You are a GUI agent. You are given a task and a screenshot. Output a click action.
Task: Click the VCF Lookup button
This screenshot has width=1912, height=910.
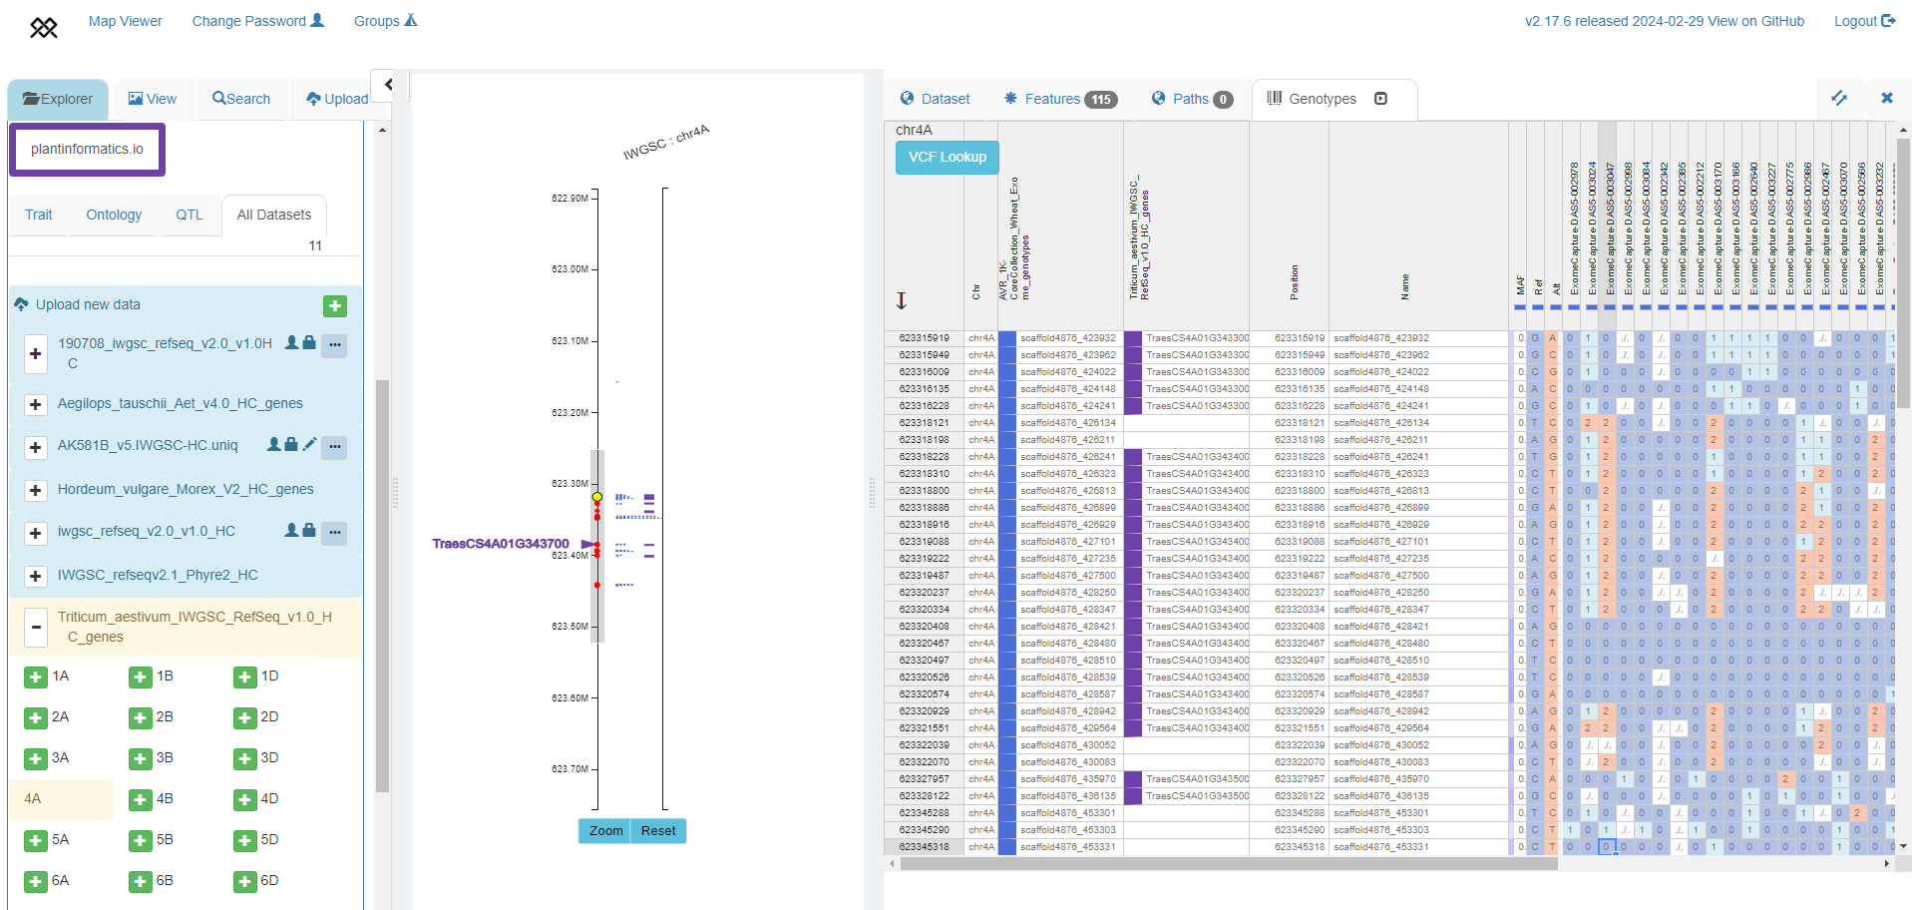(947, 158)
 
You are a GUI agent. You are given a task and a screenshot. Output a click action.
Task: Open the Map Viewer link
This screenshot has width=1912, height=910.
(125, 21)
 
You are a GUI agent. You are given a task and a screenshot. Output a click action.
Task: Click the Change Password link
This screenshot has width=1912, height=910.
(257, 21)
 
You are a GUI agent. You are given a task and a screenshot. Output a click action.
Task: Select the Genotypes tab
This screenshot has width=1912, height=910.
(1322, 99)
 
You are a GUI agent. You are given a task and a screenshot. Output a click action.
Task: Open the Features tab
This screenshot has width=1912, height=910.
(1059, 99)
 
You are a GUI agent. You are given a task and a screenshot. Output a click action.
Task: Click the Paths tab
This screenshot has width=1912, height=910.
(1191, 99)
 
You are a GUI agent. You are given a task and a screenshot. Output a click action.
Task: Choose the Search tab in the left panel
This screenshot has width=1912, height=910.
(241, 99)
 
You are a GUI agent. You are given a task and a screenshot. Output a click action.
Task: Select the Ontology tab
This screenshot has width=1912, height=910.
(114, 215)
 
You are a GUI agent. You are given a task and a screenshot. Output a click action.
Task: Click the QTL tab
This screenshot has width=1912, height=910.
(190, 215)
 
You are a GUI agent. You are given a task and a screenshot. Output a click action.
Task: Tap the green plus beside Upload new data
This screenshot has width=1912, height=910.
(335, 306)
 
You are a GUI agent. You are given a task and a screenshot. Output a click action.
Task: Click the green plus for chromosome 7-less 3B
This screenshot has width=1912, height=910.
(141, 758)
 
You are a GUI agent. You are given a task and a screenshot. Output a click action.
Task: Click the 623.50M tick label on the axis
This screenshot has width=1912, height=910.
(570, 627)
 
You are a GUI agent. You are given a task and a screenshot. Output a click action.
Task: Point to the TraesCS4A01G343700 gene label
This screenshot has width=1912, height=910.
(501, 544)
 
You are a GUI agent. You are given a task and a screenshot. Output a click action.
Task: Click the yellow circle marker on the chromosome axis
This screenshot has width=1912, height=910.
(597, 497)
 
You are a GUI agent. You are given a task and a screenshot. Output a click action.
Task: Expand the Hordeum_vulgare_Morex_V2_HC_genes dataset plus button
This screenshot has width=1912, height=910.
(36, 490)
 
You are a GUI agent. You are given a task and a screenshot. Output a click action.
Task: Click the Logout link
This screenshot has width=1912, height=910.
(1863, 21)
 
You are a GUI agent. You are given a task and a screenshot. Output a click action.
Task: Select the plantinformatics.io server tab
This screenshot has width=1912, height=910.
(87, 150)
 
